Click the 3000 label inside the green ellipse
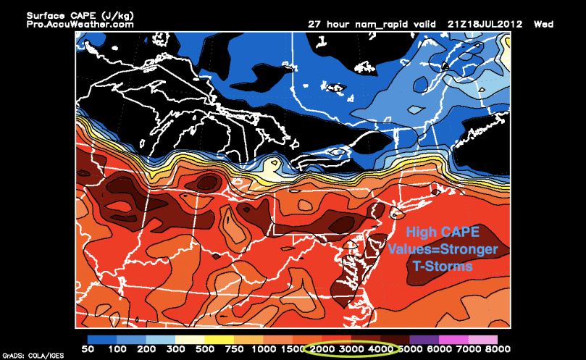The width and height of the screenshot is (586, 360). [351, 349]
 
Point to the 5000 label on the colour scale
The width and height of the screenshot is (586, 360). [410, 349]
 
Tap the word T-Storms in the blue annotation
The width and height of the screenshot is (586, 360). [443, 266]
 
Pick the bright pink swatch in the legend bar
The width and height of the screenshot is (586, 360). [454, 339]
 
